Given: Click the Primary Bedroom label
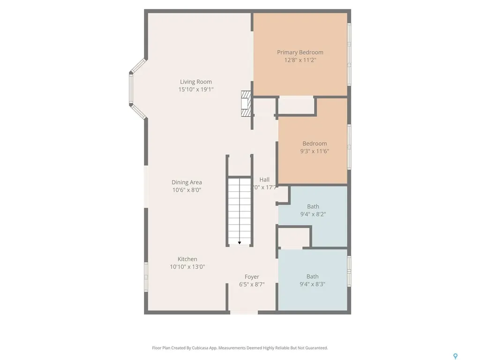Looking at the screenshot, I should [x=300, y=52].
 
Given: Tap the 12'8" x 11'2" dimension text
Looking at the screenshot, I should [x=300, y=60].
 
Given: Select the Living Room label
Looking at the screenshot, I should [x=196, y=82].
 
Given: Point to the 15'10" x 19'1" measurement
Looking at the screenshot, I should [x=196, y=90].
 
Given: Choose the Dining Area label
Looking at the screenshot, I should [x=187, y=182].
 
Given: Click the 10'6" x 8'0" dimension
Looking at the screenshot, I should [x=187, y=190].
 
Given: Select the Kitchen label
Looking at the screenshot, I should [x=187, y=259].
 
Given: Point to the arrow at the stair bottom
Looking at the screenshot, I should [x=240, y=242].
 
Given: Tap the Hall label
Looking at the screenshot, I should [x=264, y=180].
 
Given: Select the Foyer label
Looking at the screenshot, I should [x=252, y=277].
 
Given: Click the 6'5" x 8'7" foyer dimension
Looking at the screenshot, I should [x=252, y=285].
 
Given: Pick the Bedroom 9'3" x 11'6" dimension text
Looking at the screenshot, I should [x=315, y=151].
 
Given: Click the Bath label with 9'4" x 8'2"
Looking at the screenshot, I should [x=313, y=206].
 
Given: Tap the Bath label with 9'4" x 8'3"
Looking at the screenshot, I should [x=313, y=277].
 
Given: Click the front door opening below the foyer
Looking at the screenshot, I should [x=244, y=312].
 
